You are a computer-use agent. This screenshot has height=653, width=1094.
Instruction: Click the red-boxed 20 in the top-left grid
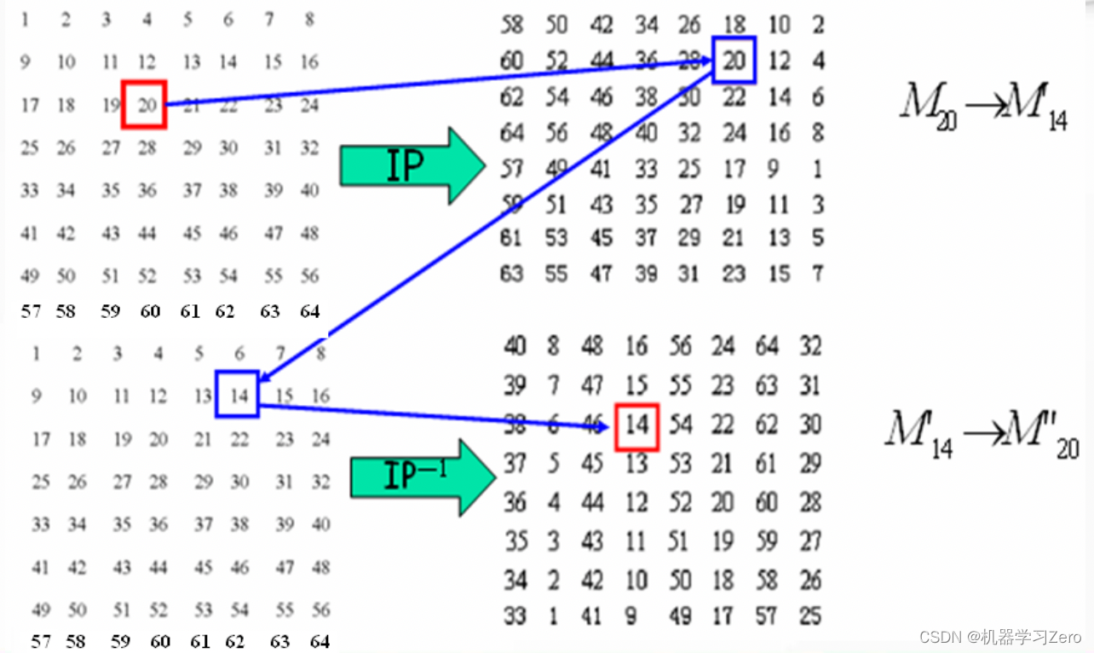point(144,104)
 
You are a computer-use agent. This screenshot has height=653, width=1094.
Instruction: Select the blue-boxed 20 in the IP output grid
point(734,61)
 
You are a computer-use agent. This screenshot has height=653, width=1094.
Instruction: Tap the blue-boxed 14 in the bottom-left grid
point(237,395)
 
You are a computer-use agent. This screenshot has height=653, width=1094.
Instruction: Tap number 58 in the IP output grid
point(512,25)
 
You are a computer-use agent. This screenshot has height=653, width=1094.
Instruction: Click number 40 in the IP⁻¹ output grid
point(515,346)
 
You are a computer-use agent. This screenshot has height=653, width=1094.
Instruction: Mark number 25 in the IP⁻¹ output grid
point(810,615)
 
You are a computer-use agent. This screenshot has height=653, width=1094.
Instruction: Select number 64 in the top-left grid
point(310,311)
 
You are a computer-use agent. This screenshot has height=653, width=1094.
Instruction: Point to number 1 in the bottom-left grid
point(36,352)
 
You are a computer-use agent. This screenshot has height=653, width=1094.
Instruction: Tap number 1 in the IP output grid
point(818,170)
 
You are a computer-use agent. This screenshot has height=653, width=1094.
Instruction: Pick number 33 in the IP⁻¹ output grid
point(515,615)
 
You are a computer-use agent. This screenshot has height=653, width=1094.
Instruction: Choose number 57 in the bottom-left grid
point(40,641)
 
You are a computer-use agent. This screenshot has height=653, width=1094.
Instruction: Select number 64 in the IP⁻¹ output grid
point(767,346)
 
